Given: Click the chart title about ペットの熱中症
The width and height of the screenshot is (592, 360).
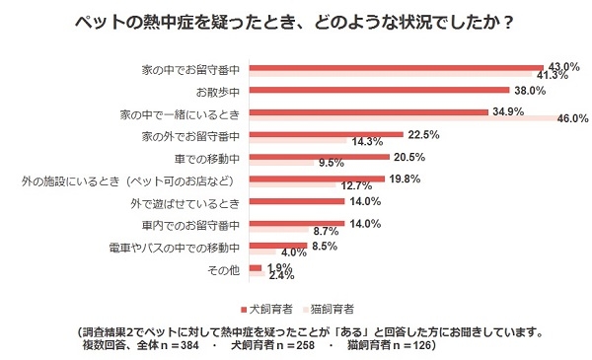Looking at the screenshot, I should [x=295, y=21].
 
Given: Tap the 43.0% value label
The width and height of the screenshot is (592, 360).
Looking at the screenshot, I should [x=563, y=64].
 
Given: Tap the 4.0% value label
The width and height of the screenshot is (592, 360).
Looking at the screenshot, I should [x=295, y=252].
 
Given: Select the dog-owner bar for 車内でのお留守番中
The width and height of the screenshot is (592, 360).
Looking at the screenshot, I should [x=297, y=223].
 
